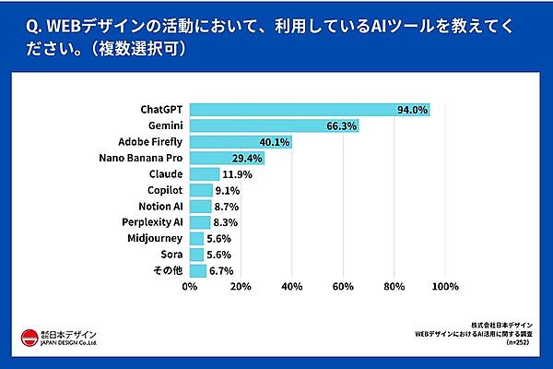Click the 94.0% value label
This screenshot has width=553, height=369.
click(412, 110)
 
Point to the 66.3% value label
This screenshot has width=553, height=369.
click(342, 125)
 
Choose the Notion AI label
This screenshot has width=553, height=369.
click(161, 206)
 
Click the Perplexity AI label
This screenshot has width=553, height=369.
click(153, 221)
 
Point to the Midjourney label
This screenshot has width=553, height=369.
click(156, 238)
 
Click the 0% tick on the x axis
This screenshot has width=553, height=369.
click(190, 288)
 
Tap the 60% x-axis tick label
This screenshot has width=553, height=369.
click(343, 288)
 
